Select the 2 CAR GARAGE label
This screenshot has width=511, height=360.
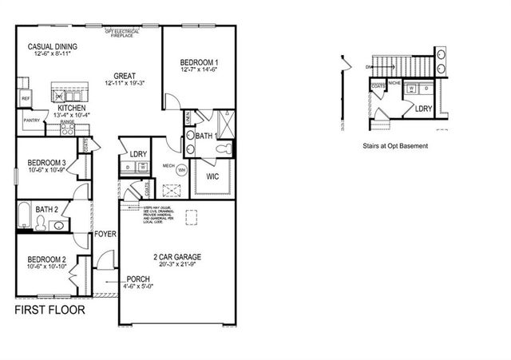(x=178, y=256)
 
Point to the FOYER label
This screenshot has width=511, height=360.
(x=106, y=235)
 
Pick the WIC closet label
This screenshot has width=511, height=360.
(x=212, y=176)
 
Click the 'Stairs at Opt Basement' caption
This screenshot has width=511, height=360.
(x=395, y=146)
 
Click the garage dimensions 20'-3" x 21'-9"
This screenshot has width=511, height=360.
(x=178, y=265)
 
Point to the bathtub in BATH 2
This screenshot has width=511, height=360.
(x=24, y=216)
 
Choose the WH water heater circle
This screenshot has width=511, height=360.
(x=181, y=170)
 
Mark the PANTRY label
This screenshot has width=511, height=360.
(x=32, y=121)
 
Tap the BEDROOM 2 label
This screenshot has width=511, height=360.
(x=46, y=259)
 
